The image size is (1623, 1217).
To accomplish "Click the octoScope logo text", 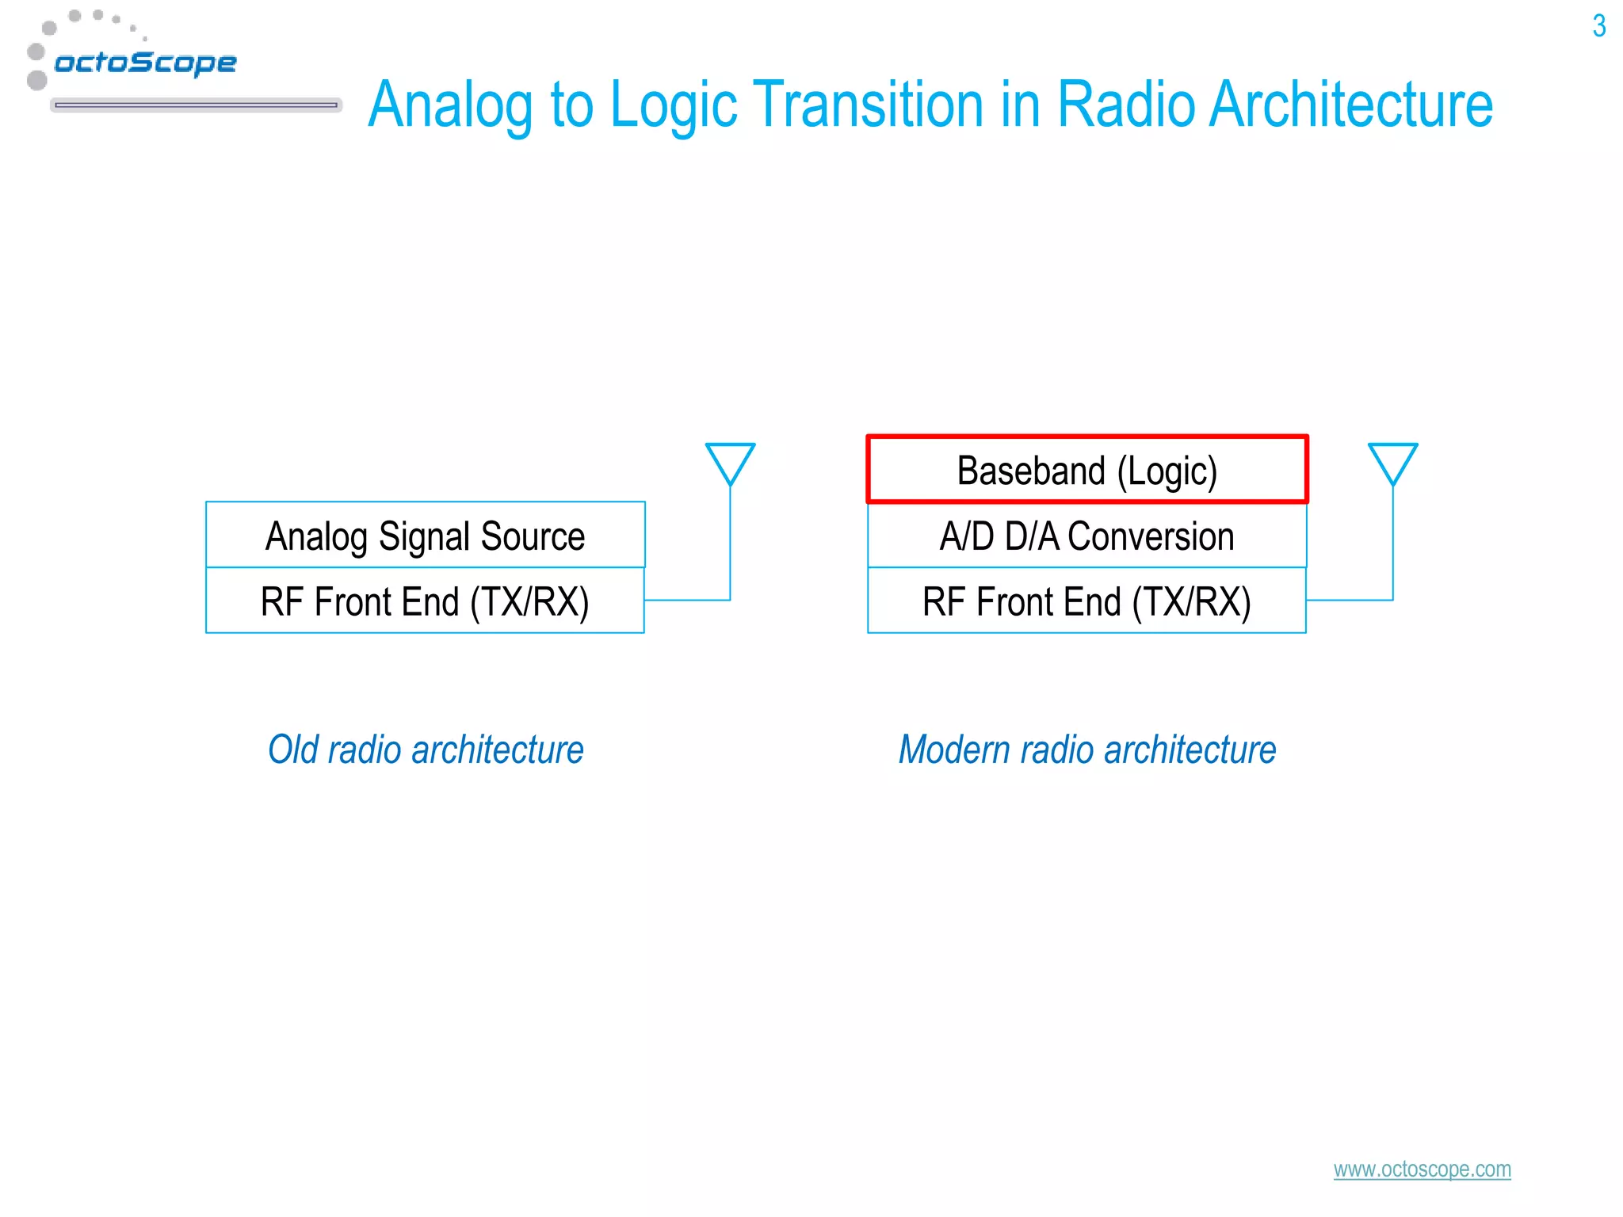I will pyautogui.click(x=145, y=62).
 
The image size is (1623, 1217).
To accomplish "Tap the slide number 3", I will pyautogui.click(x=1598, y=26).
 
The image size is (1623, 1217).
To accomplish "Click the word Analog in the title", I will pyautogui.click(x=450, y=105).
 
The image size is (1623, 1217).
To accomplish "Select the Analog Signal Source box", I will pyautogui.click(x=425, y=535).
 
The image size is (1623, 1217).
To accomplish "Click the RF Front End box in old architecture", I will pyautogui.click(x=425, y=601).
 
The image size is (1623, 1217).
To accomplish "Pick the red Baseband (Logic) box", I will pyautogui.click(x=1086, y=470).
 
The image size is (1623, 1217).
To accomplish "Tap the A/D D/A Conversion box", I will pyautogui.click(x=1086, y=536).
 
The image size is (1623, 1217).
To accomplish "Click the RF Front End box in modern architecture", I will pyautogui.click(x=1086, y=601).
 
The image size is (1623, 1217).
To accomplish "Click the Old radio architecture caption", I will pyautogui.click(x=426, y=750).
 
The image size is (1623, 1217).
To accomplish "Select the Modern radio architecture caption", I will pyautogui.click(x=1087, y=750).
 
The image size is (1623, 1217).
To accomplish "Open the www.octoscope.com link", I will pyautogui.click(x=1422, y=1169).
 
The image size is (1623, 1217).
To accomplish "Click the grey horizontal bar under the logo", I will pyautogui.click(x=196, y=105).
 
